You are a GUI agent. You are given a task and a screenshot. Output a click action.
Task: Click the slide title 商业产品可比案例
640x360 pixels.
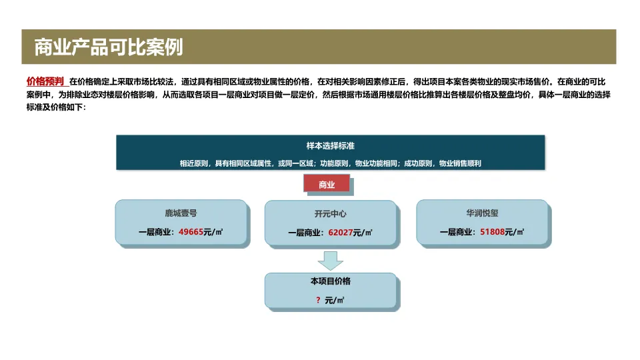point(109,47)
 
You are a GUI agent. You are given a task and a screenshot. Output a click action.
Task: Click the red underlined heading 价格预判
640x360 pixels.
point(45,81)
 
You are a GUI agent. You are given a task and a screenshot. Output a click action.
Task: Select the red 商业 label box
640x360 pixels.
point(327,185)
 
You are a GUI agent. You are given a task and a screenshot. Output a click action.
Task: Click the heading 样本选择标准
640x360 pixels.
point(330,146)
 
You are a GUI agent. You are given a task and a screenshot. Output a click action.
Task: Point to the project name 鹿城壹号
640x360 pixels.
point(181,214)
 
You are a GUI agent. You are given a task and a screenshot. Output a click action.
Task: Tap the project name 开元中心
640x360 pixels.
point(331,215)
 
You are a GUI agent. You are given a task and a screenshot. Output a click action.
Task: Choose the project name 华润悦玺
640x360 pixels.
point(482,214)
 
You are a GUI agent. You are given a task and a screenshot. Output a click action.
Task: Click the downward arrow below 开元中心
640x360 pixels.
point(330,259)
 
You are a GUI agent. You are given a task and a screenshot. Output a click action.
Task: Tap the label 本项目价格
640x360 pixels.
point(330,281)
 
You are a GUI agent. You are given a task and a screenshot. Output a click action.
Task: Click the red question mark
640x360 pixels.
point(318,301)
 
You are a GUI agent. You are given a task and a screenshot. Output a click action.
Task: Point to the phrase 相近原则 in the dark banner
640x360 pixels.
point(193,163)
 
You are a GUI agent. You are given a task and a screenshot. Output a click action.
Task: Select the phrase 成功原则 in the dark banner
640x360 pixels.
point(417,163)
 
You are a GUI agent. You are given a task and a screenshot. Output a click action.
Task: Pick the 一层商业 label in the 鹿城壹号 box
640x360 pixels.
point(155,233)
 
